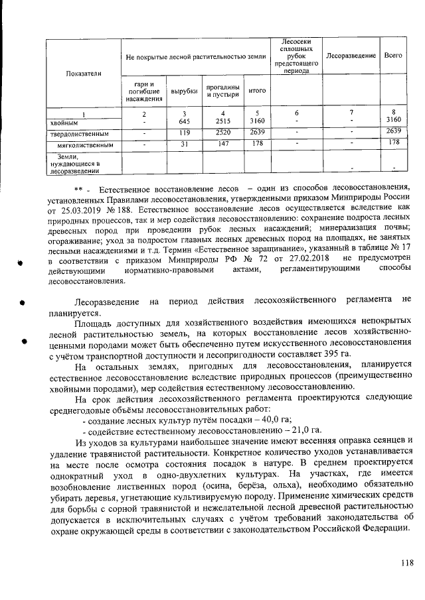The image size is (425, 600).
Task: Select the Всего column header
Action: click(393, 55)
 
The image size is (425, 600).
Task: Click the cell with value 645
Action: click(184, 122)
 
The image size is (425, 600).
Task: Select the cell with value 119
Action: click(184, 133)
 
